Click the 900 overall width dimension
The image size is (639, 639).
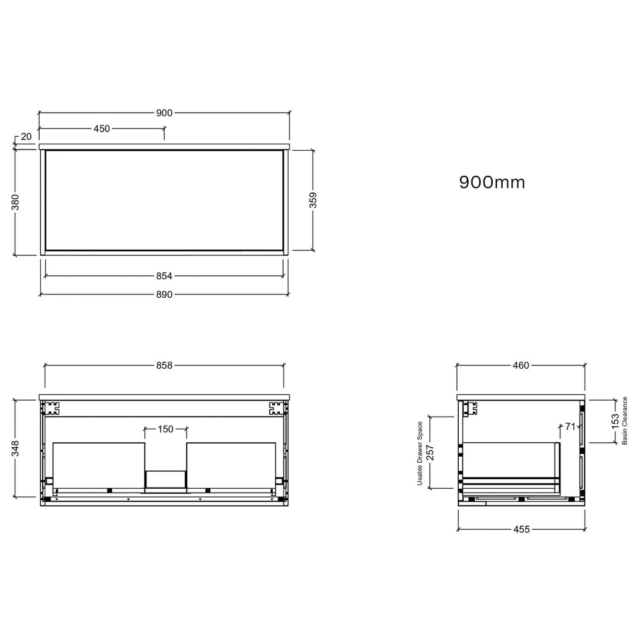(165, 112)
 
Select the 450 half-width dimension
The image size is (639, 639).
(102, 128)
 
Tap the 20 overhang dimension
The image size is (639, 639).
(26, 136)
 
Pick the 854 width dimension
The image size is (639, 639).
(165, 276)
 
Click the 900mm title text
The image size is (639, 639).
(492, 183)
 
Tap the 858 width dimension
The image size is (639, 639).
(165, 366)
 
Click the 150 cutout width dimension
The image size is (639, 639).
(166, 429)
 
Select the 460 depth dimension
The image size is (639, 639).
(521, 366)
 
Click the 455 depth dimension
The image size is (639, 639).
(521, 530)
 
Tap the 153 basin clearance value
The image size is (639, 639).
(615, 420)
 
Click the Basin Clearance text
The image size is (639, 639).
(626, 420)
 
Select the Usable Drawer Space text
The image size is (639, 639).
(420, 452)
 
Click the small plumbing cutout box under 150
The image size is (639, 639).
(166, 481)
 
